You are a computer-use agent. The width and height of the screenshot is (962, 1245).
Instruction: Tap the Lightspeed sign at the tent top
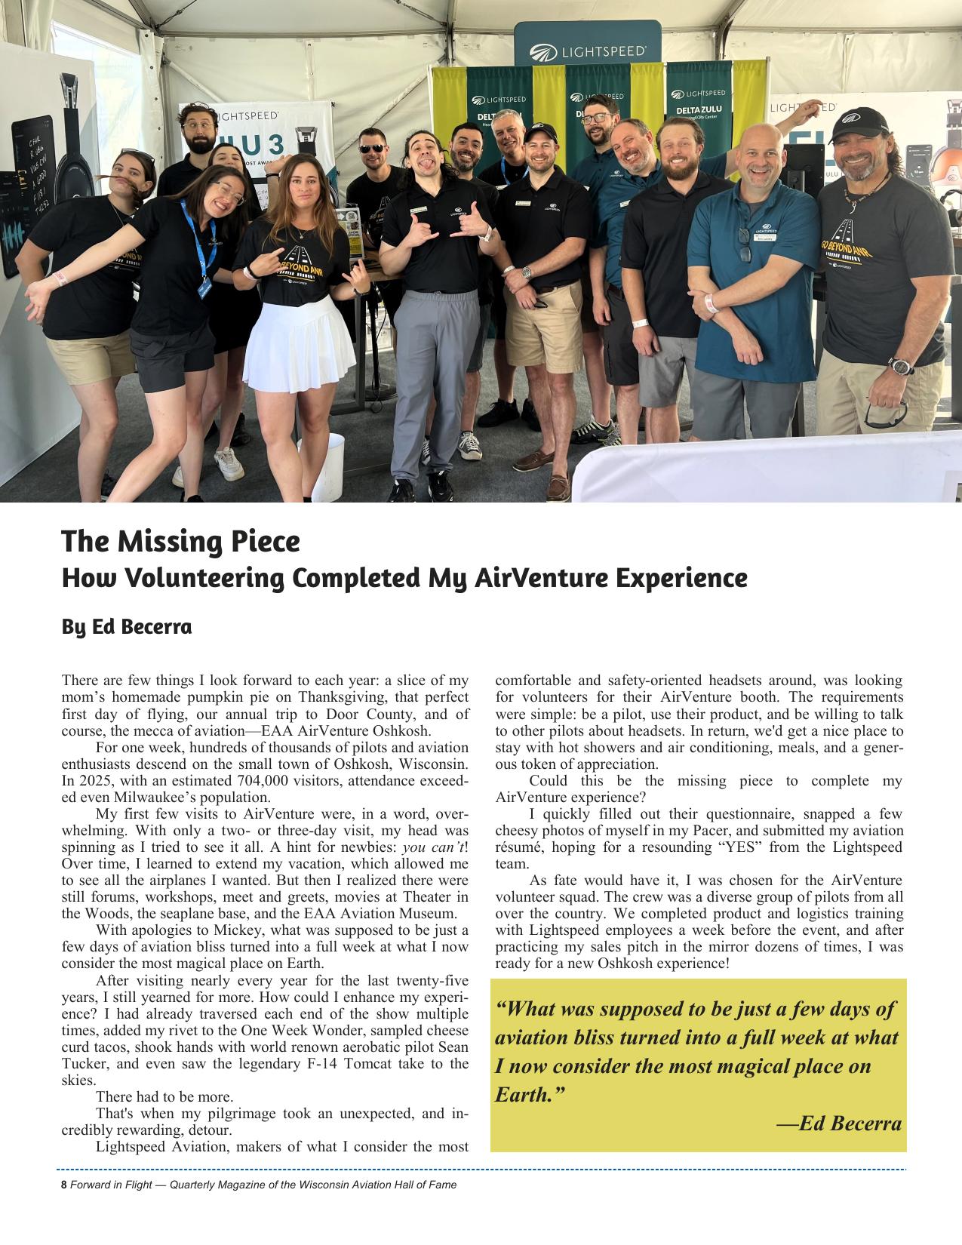point(588,51)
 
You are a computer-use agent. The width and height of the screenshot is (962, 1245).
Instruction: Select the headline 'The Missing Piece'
point(180,541)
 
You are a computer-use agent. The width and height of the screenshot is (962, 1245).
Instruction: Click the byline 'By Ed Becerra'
point(126,626)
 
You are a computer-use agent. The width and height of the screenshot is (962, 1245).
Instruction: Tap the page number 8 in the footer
point(64,1185)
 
